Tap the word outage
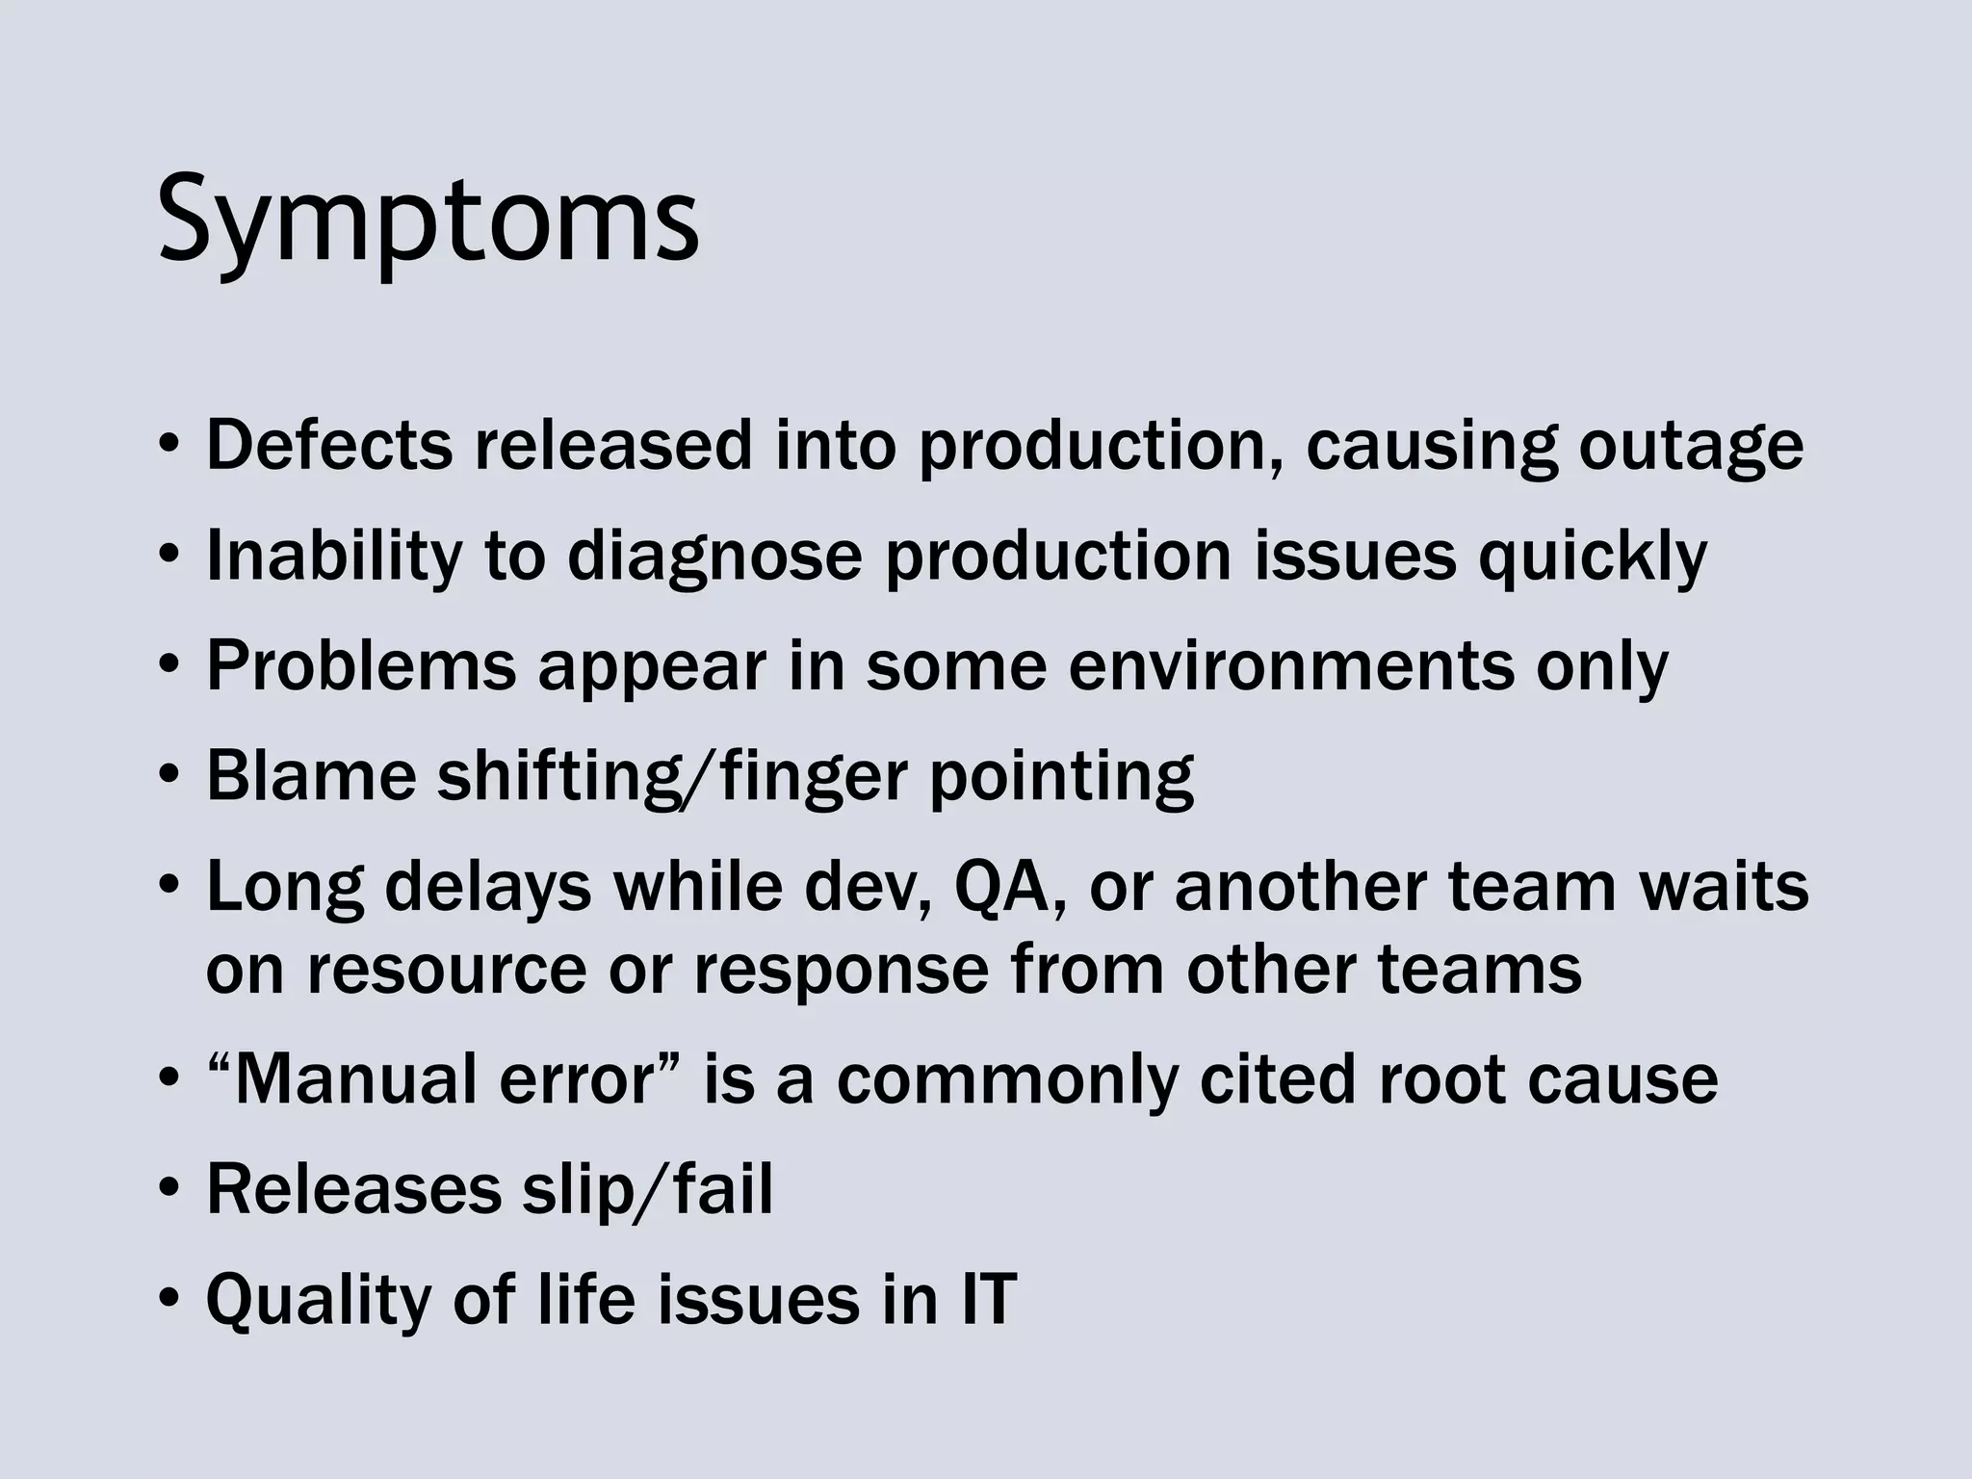1690,447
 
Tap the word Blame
310,775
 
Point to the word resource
446,969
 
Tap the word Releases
353,1189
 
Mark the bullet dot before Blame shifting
169,776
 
